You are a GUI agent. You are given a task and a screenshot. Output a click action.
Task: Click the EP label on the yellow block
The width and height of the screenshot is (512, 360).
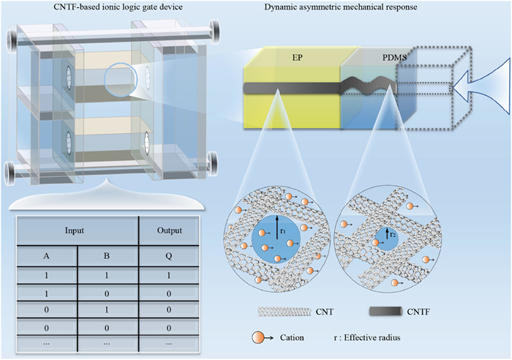[297, 58]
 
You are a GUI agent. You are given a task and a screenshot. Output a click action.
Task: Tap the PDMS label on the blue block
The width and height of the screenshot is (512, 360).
[394, 58]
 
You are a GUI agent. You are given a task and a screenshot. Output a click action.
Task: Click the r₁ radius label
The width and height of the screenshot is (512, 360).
[283, 230]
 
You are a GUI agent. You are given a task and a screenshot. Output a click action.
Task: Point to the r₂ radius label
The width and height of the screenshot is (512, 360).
[393, 234]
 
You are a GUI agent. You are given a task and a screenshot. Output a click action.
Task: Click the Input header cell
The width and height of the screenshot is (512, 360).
[75, 230]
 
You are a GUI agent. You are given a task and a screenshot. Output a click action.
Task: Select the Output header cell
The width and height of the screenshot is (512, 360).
[169, 230]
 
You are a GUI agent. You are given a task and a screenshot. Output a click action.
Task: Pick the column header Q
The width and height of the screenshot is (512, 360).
[168, 255]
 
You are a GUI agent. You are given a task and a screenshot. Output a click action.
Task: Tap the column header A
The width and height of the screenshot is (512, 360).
[46, 255]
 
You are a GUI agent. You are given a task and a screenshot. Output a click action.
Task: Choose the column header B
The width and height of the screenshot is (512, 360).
[107, 255]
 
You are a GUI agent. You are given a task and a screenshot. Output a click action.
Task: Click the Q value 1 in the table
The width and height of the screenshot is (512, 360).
[169, 275]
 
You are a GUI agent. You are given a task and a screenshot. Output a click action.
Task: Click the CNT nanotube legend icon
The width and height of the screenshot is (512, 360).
[284, 312]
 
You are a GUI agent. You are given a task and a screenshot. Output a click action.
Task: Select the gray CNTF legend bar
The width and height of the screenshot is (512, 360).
[385, 311]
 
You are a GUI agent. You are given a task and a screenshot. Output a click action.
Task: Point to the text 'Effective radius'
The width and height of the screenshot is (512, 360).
[372, 337]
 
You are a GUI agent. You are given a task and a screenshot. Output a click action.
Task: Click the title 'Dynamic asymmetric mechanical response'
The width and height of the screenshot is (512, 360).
[341, 7]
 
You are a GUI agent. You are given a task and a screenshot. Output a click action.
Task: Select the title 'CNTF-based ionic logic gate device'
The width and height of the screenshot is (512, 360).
[118, 7]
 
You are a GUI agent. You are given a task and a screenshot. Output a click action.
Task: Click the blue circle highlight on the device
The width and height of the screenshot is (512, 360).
[120, 80]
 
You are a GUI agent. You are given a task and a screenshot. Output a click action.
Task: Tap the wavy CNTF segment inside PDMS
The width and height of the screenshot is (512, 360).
[368, 85]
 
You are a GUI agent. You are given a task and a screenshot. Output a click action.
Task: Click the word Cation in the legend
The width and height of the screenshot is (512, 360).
[292, 337]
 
